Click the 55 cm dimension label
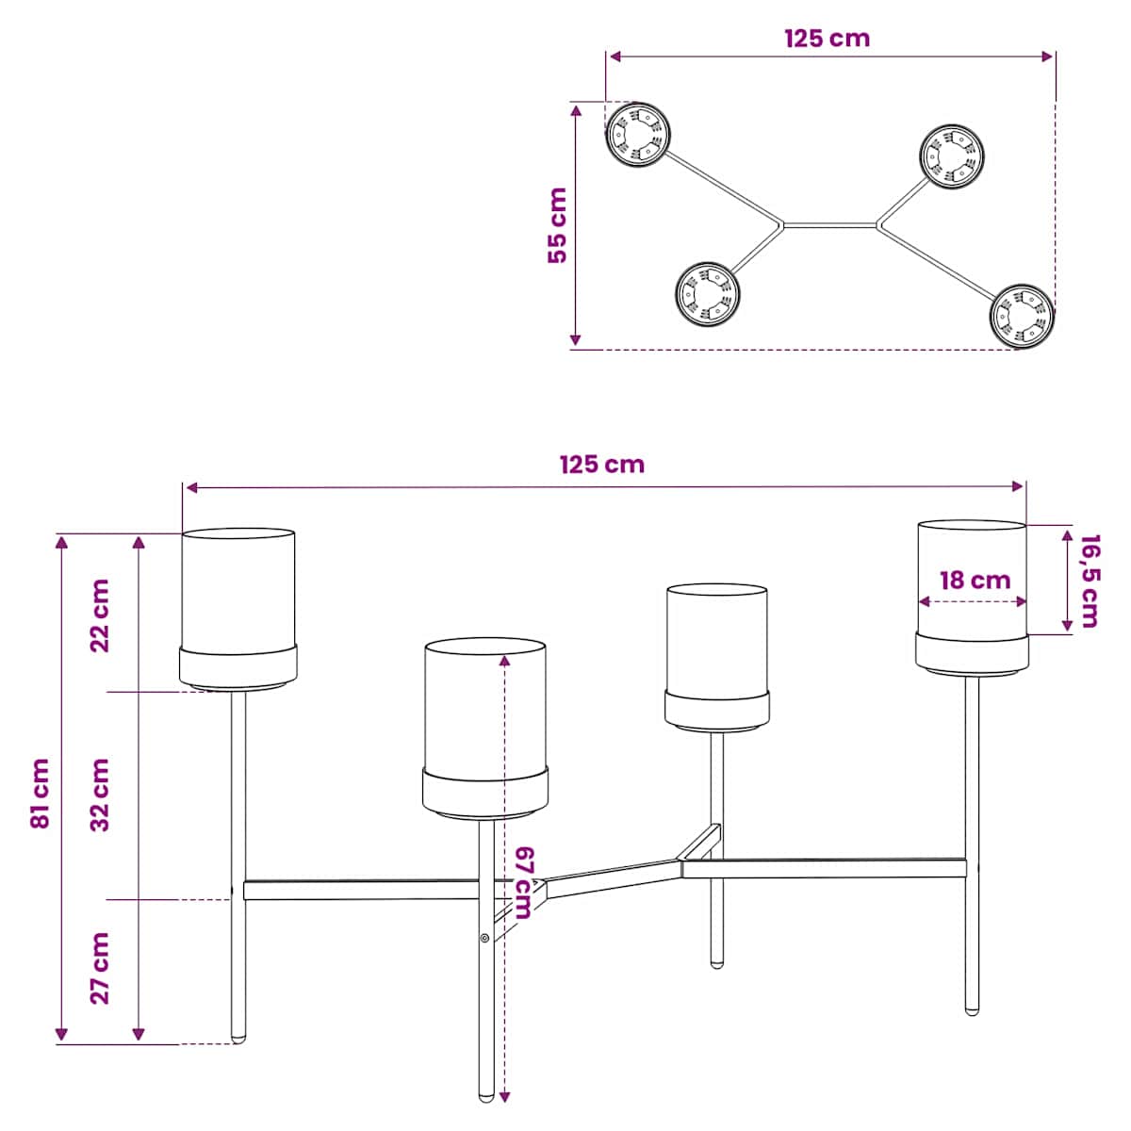(x=557, y=225)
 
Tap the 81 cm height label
(x=40, y=793)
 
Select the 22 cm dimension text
(x=100, y=615)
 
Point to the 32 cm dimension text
(x=100, y=795)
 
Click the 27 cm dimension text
(x=100, y=968)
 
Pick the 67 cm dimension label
(x=522, y=882)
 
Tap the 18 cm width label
(x=975, y=581)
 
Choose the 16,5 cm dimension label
(x=1090, y=582)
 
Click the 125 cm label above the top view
(x=827, y=38)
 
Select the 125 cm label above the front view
(x=602, y=465)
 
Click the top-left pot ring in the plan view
(x=637, y=134)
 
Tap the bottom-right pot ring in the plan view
(x=1023, y=317)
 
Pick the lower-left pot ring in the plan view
(x=707, y=293)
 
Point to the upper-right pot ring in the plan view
(x=952, y=156)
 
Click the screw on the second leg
(x=484, y=938)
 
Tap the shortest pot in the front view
(x=716, y=657)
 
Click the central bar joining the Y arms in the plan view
(x=830, y=225)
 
